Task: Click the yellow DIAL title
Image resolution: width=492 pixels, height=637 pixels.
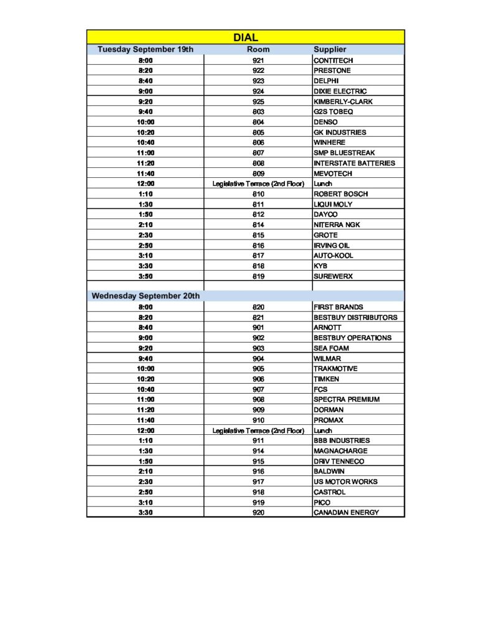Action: pos(246,38)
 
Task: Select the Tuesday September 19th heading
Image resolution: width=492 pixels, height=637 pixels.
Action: pos(146,49)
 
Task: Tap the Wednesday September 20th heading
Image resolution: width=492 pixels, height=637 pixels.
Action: pos(146,296)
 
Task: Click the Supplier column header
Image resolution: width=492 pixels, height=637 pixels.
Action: pos(330,49)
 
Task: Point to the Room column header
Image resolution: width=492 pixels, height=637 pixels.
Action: pos(258,49)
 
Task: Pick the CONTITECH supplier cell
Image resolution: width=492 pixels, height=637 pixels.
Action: pos(333,60)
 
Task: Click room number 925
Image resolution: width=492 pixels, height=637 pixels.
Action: pos(258,101)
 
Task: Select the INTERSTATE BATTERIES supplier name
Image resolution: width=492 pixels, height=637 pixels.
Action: pos(354,163)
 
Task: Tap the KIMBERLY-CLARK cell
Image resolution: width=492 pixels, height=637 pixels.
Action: pos(343,101)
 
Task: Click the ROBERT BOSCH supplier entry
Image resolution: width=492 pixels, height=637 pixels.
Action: pos(341,194)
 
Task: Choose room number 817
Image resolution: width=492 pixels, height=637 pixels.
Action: pos(258,256)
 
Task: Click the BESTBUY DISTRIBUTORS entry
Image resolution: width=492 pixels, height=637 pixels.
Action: pos(355,317)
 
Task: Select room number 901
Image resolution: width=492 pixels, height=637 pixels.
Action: pos(258,327)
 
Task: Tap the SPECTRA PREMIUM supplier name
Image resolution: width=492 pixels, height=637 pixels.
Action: pos(346,399)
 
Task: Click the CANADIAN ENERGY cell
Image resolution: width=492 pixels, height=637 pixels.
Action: pos(346,513)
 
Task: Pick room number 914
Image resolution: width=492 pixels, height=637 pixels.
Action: pos(258,451)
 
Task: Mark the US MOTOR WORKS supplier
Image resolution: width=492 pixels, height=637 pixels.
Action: pos(345,481)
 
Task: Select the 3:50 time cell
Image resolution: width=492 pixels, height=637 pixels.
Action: pos(146,276)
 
